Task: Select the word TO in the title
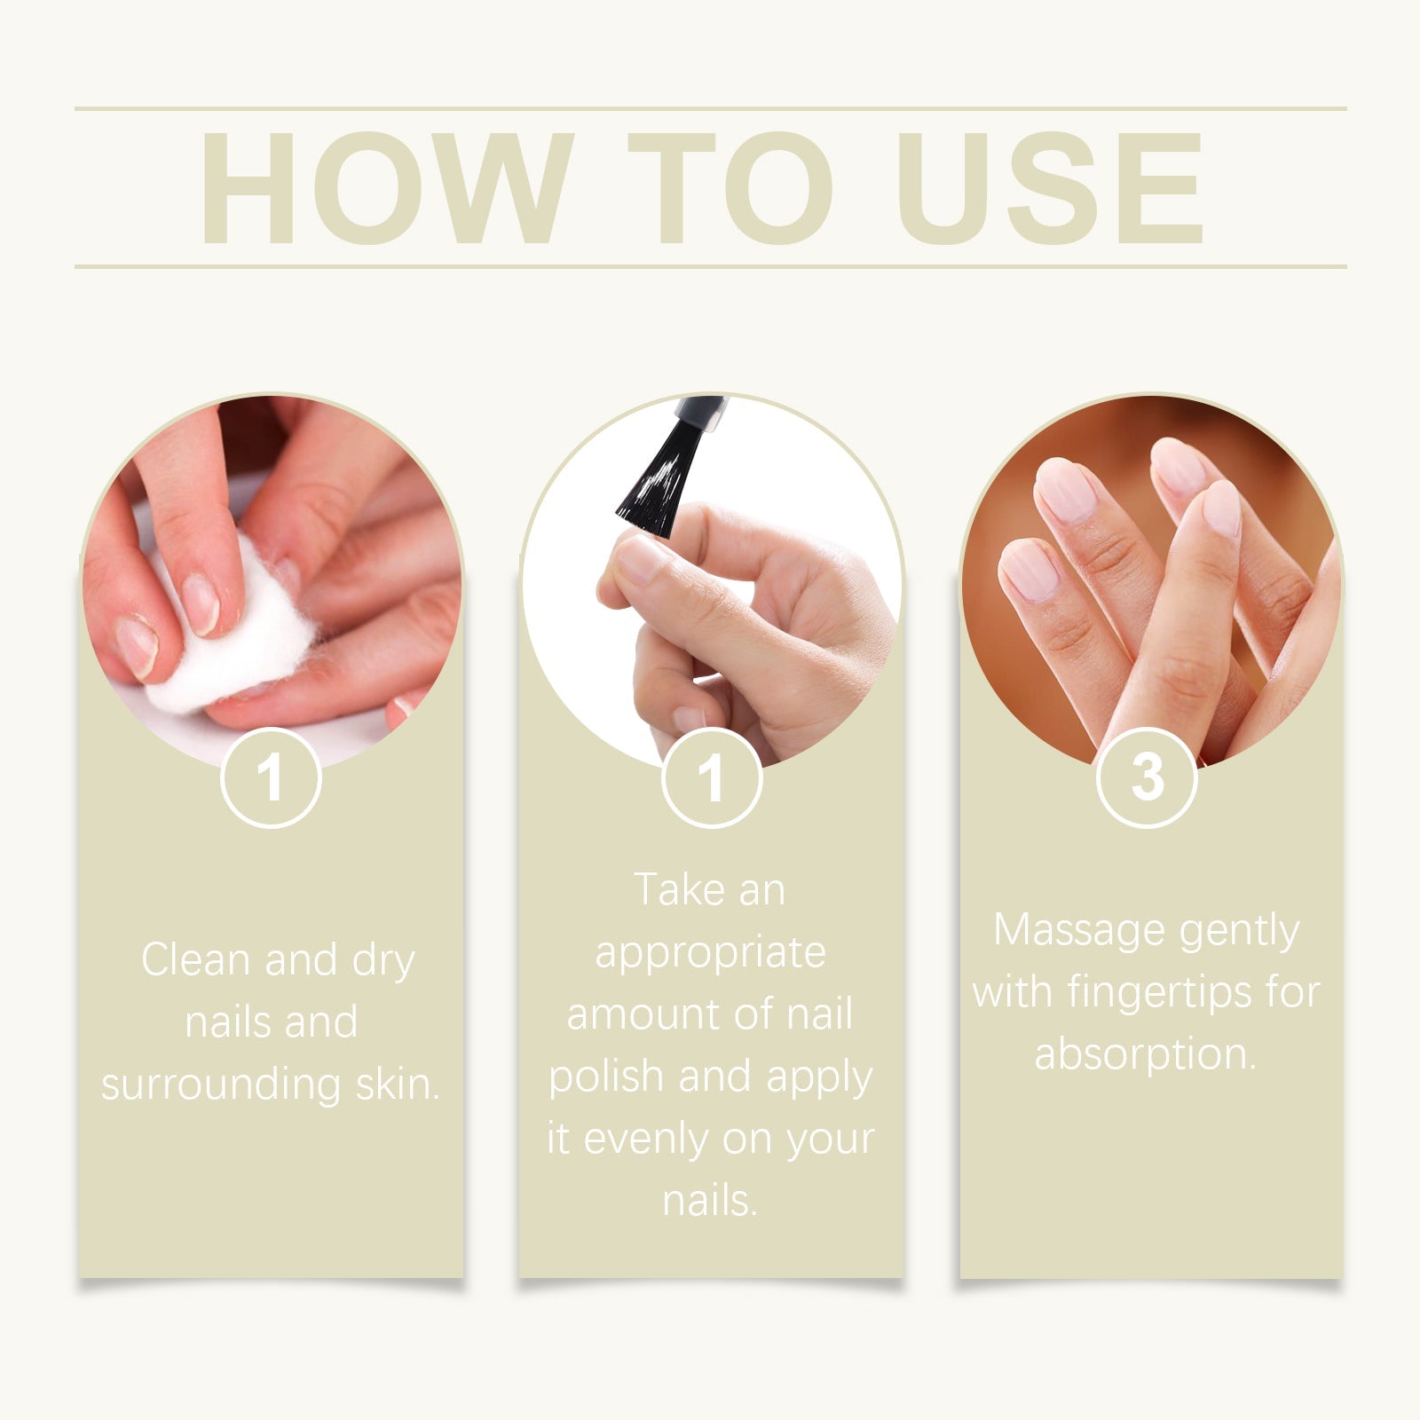(x=730, y=188)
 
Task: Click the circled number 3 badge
(x=1147, y=778)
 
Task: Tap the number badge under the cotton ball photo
(x=271, y=778)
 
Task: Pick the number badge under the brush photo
(x=711, y=778)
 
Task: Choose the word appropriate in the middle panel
(x=710, y=953)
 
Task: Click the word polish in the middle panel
(x=606, y=1077)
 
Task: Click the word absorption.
(x=1145, y=1054)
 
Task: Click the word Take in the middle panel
(x=667, y=890)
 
